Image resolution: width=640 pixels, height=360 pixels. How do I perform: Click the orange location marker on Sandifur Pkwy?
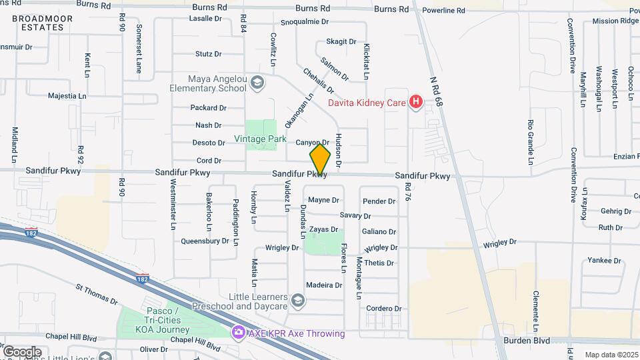321,160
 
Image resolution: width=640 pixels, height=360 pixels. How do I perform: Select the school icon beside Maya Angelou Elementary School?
257,83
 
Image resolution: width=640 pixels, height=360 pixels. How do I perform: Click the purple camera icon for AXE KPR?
237,332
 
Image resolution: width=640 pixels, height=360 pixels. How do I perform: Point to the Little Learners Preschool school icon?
298,301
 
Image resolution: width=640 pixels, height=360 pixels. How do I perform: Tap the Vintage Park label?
260,139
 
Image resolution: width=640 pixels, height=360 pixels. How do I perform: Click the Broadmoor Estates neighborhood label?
42,23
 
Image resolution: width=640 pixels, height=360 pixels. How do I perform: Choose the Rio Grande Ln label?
531,142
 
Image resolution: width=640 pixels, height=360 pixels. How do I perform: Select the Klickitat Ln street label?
367,61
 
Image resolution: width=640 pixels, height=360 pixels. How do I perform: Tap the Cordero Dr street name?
384,309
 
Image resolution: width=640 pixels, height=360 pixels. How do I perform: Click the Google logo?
22,351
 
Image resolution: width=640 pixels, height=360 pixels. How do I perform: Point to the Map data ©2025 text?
611,355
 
